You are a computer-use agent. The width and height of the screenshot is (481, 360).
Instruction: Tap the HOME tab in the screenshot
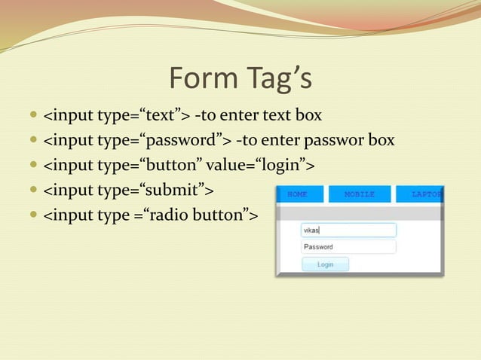298,194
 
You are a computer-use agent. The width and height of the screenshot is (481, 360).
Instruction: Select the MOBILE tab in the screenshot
360,194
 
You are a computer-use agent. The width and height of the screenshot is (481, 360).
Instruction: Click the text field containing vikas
348,230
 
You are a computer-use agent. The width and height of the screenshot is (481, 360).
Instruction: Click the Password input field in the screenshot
348,247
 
